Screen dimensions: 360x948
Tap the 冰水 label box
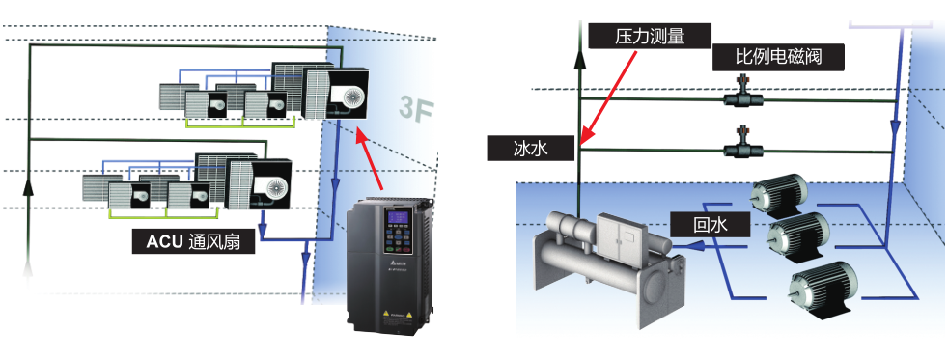pos(531,149)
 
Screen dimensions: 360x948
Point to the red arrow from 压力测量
pos(608,97)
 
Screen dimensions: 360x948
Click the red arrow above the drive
pos(373,160)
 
